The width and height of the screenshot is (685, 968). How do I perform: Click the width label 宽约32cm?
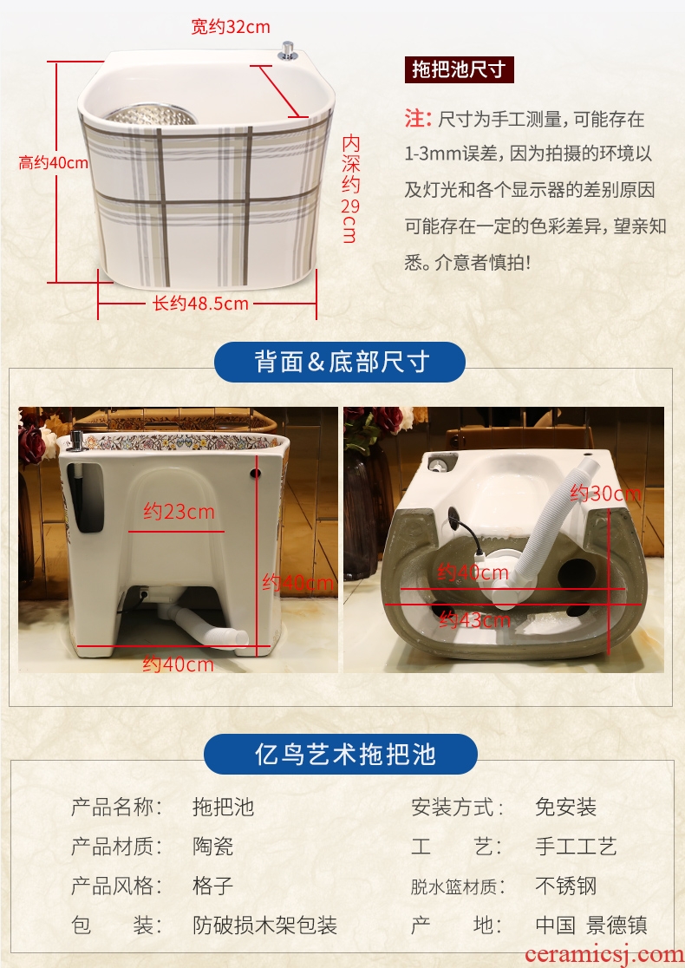pyautogui.click(x=230, y=27)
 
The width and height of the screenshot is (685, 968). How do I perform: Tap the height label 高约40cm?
pyautogui.click(x=53, y=163)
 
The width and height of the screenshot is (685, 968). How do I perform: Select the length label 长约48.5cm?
pyautogui.click(x=200, y=303)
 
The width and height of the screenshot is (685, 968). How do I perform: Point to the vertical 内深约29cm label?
pyautogui.click(x=350, y=189)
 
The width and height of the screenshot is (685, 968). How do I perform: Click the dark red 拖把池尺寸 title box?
pyautogui.click(x=460, y=69)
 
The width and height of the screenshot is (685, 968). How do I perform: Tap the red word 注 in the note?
pyautogui.click(x=415, y=118)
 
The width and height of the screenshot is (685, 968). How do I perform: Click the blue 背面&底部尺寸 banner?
pyautogui.click(x=340, y=362)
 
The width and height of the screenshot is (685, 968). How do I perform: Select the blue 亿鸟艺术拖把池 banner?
pyautogui.click(x=341, y=754)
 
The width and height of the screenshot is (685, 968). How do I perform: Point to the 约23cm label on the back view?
pyautogui.click(x=179, y=511)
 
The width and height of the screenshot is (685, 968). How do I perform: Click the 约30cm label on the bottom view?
pyautogui.click(x=605, y=494)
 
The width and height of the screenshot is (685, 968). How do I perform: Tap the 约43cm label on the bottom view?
pyautogui.click(x=474, y=619)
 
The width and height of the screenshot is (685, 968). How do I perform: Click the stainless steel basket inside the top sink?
pyautogui.click(x=152, y=114)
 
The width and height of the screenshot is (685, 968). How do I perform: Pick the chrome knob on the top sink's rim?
pyautogui.click(x=288, y=51)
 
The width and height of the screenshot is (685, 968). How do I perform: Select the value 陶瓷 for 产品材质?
pyautogui.click(x=213, y=846)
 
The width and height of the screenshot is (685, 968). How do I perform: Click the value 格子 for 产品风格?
pyautogui.click(x=213, y=886)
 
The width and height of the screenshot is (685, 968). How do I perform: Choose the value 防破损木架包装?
pyautogui.click(x=264, y=925)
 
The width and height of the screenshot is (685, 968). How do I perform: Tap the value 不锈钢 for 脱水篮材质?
pyautogui.click(x=566, y=886)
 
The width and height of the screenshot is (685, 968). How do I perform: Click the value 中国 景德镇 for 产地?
pyautogui.click(x=591, y=925)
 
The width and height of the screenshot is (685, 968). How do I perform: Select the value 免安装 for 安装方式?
pyautogui.click(x=566, y=807)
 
